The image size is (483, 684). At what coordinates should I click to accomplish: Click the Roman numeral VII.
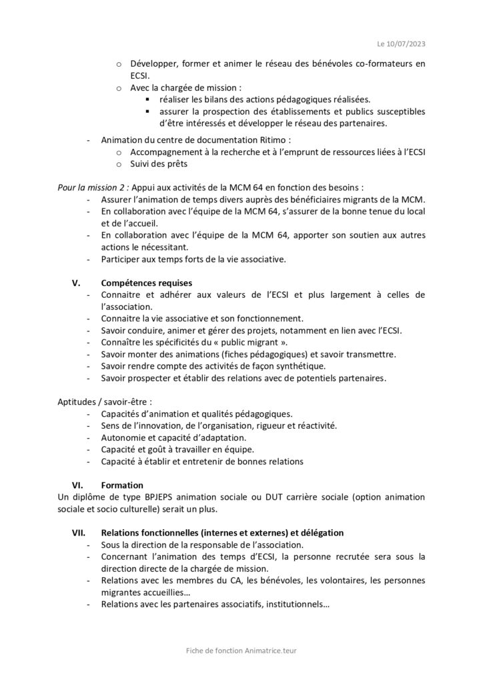click(x=80, y=533)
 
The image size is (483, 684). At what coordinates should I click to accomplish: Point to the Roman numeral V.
click(x=76, y=283)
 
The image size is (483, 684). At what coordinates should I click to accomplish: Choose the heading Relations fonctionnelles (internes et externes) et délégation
click(x=222, y=533)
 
